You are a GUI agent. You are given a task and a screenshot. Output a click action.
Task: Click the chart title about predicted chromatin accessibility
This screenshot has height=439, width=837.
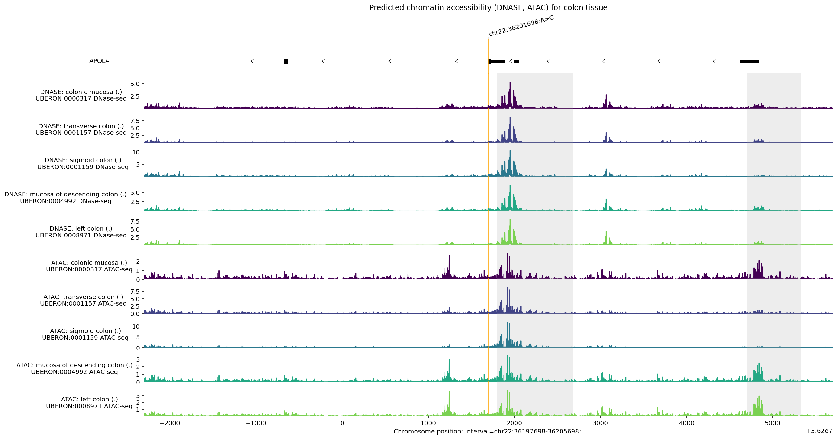point(488,7)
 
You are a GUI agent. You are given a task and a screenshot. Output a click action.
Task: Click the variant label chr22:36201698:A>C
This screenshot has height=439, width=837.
point(521,26)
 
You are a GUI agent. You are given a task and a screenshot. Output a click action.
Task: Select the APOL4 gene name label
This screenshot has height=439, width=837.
point(99,61)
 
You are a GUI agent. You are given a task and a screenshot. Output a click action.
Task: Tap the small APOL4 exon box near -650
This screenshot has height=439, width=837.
point(286,61)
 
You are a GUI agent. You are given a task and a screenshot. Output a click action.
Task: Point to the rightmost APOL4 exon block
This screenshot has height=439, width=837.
point(749,61)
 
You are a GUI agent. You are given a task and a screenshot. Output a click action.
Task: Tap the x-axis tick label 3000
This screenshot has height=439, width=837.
point(600,423)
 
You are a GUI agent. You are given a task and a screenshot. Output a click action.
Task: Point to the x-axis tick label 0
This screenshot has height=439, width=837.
point(342,423)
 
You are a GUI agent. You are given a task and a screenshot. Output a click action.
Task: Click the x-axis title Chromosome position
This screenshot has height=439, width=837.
point(488,432)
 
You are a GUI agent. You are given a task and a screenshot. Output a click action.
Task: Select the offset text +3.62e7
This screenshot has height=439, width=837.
point(819,431)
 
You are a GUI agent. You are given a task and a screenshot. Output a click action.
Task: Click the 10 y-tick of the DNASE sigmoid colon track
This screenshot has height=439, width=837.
point(136,152)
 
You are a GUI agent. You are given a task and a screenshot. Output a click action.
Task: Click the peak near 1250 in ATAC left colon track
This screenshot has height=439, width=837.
point(449,392)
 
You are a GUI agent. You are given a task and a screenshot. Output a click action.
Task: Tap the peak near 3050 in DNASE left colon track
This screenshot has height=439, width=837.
point(606,232)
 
